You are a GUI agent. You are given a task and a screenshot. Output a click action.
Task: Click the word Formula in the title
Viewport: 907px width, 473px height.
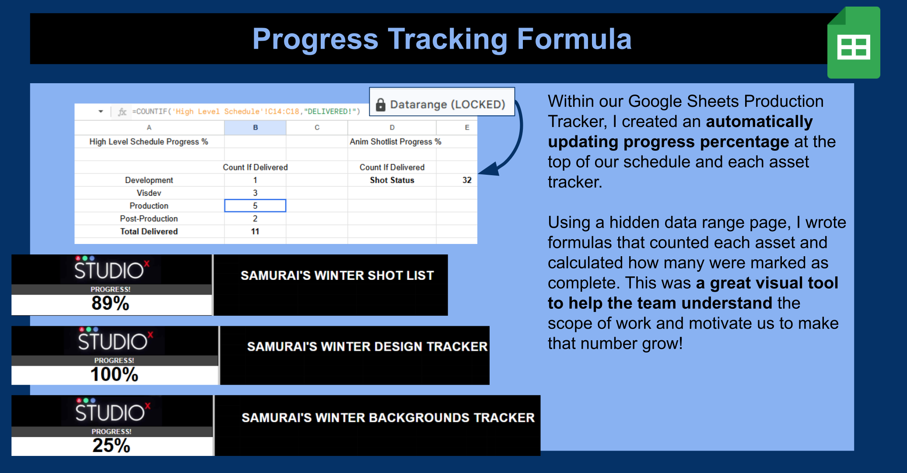click(574, 39)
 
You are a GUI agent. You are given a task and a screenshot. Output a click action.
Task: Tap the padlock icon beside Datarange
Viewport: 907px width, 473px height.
click(381, 105)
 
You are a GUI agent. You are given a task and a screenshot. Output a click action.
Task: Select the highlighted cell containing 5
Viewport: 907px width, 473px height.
click(255, 206)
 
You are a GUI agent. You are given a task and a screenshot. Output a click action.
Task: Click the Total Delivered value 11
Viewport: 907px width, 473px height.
click(255, 232)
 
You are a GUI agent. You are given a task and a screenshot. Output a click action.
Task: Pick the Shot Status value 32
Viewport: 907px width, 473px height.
click(466, 180)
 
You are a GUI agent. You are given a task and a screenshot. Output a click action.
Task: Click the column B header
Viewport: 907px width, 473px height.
click(255, 127)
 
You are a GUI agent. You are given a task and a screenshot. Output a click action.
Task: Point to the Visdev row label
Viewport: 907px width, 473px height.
click(149, 193)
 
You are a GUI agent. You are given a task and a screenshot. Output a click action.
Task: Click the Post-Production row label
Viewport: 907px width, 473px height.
click(149, 219)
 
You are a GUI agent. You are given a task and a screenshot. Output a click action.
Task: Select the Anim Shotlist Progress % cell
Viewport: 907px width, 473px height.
click(395, 142)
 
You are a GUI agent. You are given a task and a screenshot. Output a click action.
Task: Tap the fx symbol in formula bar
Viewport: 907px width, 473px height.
click(122, 112)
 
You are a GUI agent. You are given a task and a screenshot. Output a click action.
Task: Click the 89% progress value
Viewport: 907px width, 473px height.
click(110, 304)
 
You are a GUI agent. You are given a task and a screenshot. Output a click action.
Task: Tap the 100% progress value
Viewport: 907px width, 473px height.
click(114, 375)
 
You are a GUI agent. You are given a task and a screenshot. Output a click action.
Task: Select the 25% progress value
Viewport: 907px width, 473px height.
click(111, 446)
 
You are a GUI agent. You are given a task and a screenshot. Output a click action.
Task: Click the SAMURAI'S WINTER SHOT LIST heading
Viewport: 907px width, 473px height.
click(337, 275)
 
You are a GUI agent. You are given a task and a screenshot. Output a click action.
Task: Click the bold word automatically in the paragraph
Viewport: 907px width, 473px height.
click(759, 122)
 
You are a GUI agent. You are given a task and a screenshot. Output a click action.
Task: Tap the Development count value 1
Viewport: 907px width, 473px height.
click(255, 180)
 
